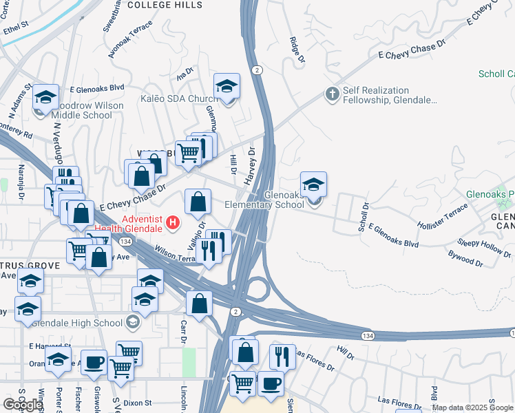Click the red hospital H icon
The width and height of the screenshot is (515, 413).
[174, 224]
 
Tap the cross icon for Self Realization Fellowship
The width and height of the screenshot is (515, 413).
[332, 94]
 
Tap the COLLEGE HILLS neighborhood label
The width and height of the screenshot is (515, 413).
[165, 5]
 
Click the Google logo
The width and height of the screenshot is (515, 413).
[22, 405]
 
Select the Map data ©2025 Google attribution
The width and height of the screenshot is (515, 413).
[472, 407]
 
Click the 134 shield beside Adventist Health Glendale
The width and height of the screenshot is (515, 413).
[125, 242]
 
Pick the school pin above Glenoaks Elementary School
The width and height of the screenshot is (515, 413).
[313, 184]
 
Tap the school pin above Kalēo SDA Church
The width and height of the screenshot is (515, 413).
[227, 86]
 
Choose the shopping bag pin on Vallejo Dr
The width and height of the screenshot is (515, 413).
[198, 202]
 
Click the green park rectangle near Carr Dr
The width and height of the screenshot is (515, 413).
[189, 363]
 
